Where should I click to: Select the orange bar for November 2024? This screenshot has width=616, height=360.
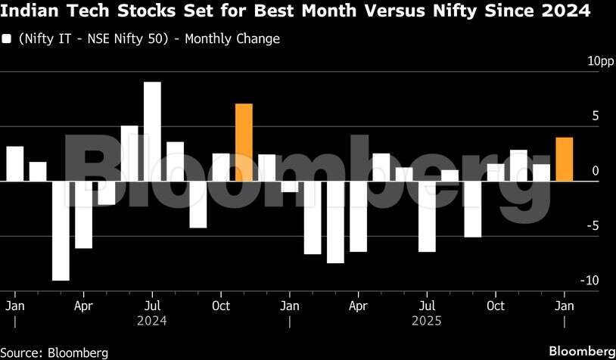coord(244,142)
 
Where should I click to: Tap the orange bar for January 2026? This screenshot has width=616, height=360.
coord(564,160)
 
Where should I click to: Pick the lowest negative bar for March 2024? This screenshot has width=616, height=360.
coord(61,231)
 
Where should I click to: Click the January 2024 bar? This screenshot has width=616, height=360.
coord(15,163)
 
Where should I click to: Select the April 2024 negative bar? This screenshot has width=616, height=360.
coord(83,215)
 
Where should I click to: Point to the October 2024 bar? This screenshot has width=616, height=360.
coord(221,167)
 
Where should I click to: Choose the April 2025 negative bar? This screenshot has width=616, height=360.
coord(358,216)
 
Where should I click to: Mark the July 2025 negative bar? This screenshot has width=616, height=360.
coord(427,216)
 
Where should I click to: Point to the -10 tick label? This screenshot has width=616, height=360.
coord(589,281)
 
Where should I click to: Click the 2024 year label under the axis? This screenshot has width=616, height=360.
coord(151,321)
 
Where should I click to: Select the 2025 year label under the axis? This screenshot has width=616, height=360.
coord(426,321)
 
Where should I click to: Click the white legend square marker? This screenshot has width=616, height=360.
coord(7,39)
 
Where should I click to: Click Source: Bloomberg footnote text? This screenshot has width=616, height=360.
coord(54,352)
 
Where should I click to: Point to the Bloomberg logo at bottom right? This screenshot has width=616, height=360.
coord(581,352)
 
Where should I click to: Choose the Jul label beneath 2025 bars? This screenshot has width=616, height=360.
coord(427,306)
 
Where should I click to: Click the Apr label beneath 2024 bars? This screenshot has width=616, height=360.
coord(83,306)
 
